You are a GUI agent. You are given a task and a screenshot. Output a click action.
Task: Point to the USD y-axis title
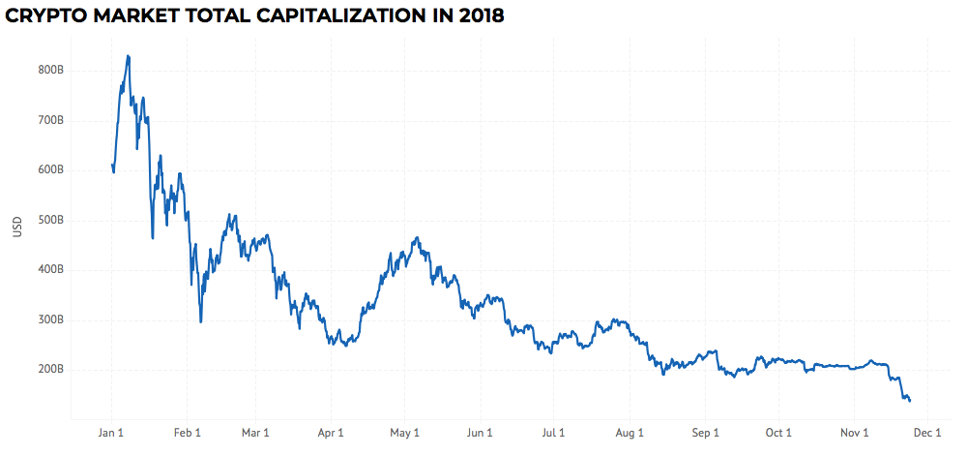coord(17,227)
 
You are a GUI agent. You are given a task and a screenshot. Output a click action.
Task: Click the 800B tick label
coord(51,71)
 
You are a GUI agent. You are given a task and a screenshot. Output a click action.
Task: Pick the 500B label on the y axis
coord(51,221)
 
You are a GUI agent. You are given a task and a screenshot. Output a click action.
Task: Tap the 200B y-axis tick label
coord(51,370)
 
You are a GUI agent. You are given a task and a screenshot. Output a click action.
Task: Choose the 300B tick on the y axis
coord(51,319)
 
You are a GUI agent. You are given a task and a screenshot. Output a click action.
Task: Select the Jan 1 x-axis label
coord(111,433)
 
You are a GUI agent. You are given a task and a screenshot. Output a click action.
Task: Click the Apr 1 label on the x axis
coord(331,433)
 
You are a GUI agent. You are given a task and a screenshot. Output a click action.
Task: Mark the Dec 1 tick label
coord(927,433)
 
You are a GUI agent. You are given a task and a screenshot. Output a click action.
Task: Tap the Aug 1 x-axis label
coord(630,433)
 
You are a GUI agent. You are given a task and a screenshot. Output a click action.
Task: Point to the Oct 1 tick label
coord(778,433)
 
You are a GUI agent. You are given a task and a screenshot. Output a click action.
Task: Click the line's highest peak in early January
coord(128,56)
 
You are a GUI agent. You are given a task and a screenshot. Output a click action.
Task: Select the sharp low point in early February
coord(200,321)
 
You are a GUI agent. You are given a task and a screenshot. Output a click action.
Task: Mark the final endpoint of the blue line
coord(910,401)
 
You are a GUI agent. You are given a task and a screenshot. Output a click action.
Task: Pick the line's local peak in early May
coord(418,237)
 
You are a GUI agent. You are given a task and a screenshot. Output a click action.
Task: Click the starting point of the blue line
coord(112,165)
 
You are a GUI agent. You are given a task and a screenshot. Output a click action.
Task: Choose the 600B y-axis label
coord(51,170)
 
